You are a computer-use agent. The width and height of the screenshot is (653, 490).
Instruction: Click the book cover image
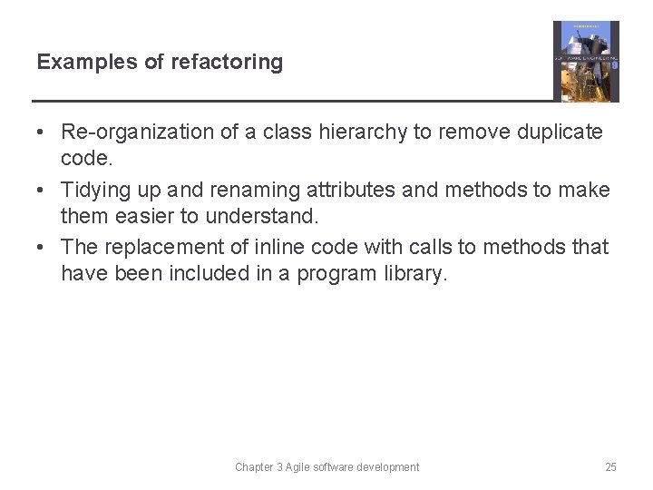586,61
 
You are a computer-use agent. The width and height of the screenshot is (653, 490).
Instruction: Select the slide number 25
610,467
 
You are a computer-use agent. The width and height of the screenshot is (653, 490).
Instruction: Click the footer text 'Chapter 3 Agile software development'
326,467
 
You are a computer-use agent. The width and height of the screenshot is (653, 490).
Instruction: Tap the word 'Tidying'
93,190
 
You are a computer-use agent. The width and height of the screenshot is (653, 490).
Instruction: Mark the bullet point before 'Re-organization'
42,132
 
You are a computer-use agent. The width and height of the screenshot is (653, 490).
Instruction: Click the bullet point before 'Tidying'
42,190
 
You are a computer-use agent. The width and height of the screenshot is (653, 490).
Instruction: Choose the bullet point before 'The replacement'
42,247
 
